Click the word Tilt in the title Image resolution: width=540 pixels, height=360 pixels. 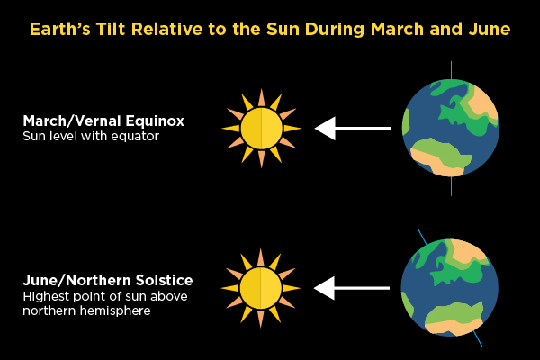112,29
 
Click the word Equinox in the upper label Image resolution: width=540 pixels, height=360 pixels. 155,121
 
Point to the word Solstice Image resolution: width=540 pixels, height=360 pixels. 164,281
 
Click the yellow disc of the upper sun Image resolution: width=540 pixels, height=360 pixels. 262,129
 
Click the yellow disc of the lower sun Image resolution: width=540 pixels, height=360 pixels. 261,288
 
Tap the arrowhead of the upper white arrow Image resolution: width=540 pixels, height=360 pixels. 326,129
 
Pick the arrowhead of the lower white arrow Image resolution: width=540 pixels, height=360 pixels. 324,288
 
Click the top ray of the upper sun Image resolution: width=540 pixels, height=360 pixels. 262,97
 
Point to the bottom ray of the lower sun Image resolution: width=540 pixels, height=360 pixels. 261,319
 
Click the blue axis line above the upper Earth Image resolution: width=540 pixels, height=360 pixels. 451,70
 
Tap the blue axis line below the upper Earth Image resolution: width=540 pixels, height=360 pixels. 451,186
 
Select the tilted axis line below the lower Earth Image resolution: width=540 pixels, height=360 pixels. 478,339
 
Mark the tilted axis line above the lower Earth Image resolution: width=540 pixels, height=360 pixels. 422,237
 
